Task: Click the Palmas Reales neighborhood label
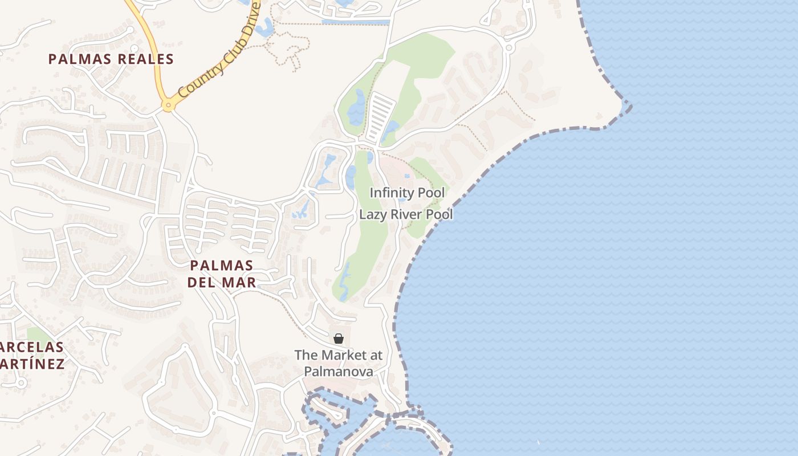click(111, 59)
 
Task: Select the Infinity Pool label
click(407, 193)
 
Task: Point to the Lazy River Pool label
click(406, 215)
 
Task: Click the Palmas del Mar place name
click(221, 274)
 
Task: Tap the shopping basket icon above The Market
click(339, 339)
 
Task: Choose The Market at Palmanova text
click(339, 363)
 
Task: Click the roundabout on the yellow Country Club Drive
click(168, 105)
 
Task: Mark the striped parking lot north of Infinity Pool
click(380, 117)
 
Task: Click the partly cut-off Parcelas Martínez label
click(32, 355)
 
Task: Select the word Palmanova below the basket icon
click(339, 372)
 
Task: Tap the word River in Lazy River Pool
click(408, 215)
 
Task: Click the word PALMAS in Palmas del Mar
click(221, 266)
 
